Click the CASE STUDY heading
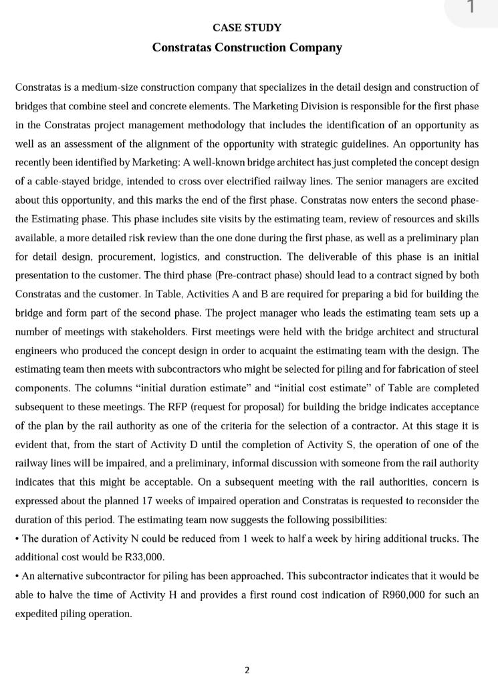(x=247, y=28)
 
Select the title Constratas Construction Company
(x=247, y=47)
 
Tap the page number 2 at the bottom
(x=247, y=669)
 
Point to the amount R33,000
(x=144, y=556)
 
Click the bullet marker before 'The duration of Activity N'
(x=17, y=538)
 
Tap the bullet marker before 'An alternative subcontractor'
(x=17, y=576)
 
